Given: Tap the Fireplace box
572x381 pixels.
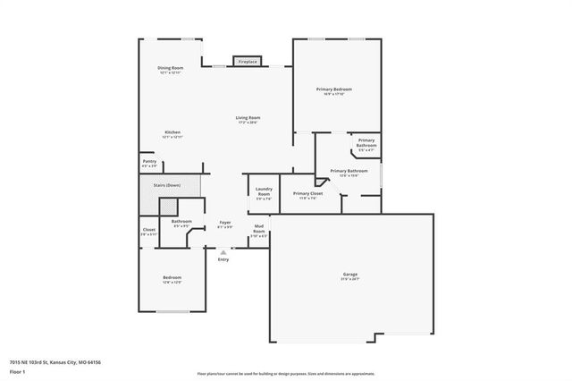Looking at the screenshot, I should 248,62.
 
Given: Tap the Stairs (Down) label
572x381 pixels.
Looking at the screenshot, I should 167,185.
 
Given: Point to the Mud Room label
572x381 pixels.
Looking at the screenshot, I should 258,230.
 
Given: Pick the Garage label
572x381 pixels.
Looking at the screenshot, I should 350,275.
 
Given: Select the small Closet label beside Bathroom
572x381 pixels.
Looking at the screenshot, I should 149,231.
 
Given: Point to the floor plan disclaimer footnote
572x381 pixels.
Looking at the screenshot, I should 286,373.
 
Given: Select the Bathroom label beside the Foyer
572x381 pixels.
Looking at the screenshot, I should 181,223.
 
